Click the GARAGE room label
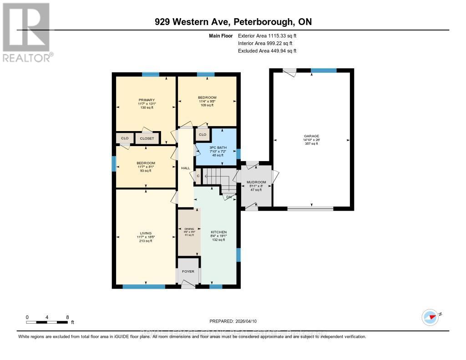pyautogui.click(x=312, y=136)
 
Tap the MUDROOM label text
pyautogui.click(x=256, y=182)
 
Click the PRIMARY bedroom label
pyautogui.click(x=147, y=100)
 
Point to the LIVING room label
pyautogui.click(x=146, y=233)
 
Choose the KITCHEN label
pyautogui.click(x=218, y=232)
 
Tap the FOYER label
pyautogui.click(x=188, y=272)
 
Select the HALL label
pyautogui.click(x=185, y=168)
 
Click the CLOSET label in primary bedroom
pyautogui.click(x=147, y=138)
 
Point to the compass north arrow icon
pyautogui.click(x=430, y=316)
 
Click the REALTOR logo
pyautogui.click(x=26, y=32)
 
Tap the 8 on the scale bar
pyautogui.click(x=67, y=317)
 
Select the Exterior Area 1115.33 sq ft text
pyautogui.click(x=267, y=35)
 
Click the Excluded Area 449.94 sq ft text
pyautogui.click(x=267, y=51)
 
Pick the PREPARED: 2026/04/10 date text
pyautogui.click(x=236, y=321)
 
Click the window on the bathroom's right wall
pyautogui.click(x=238, y=153)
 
